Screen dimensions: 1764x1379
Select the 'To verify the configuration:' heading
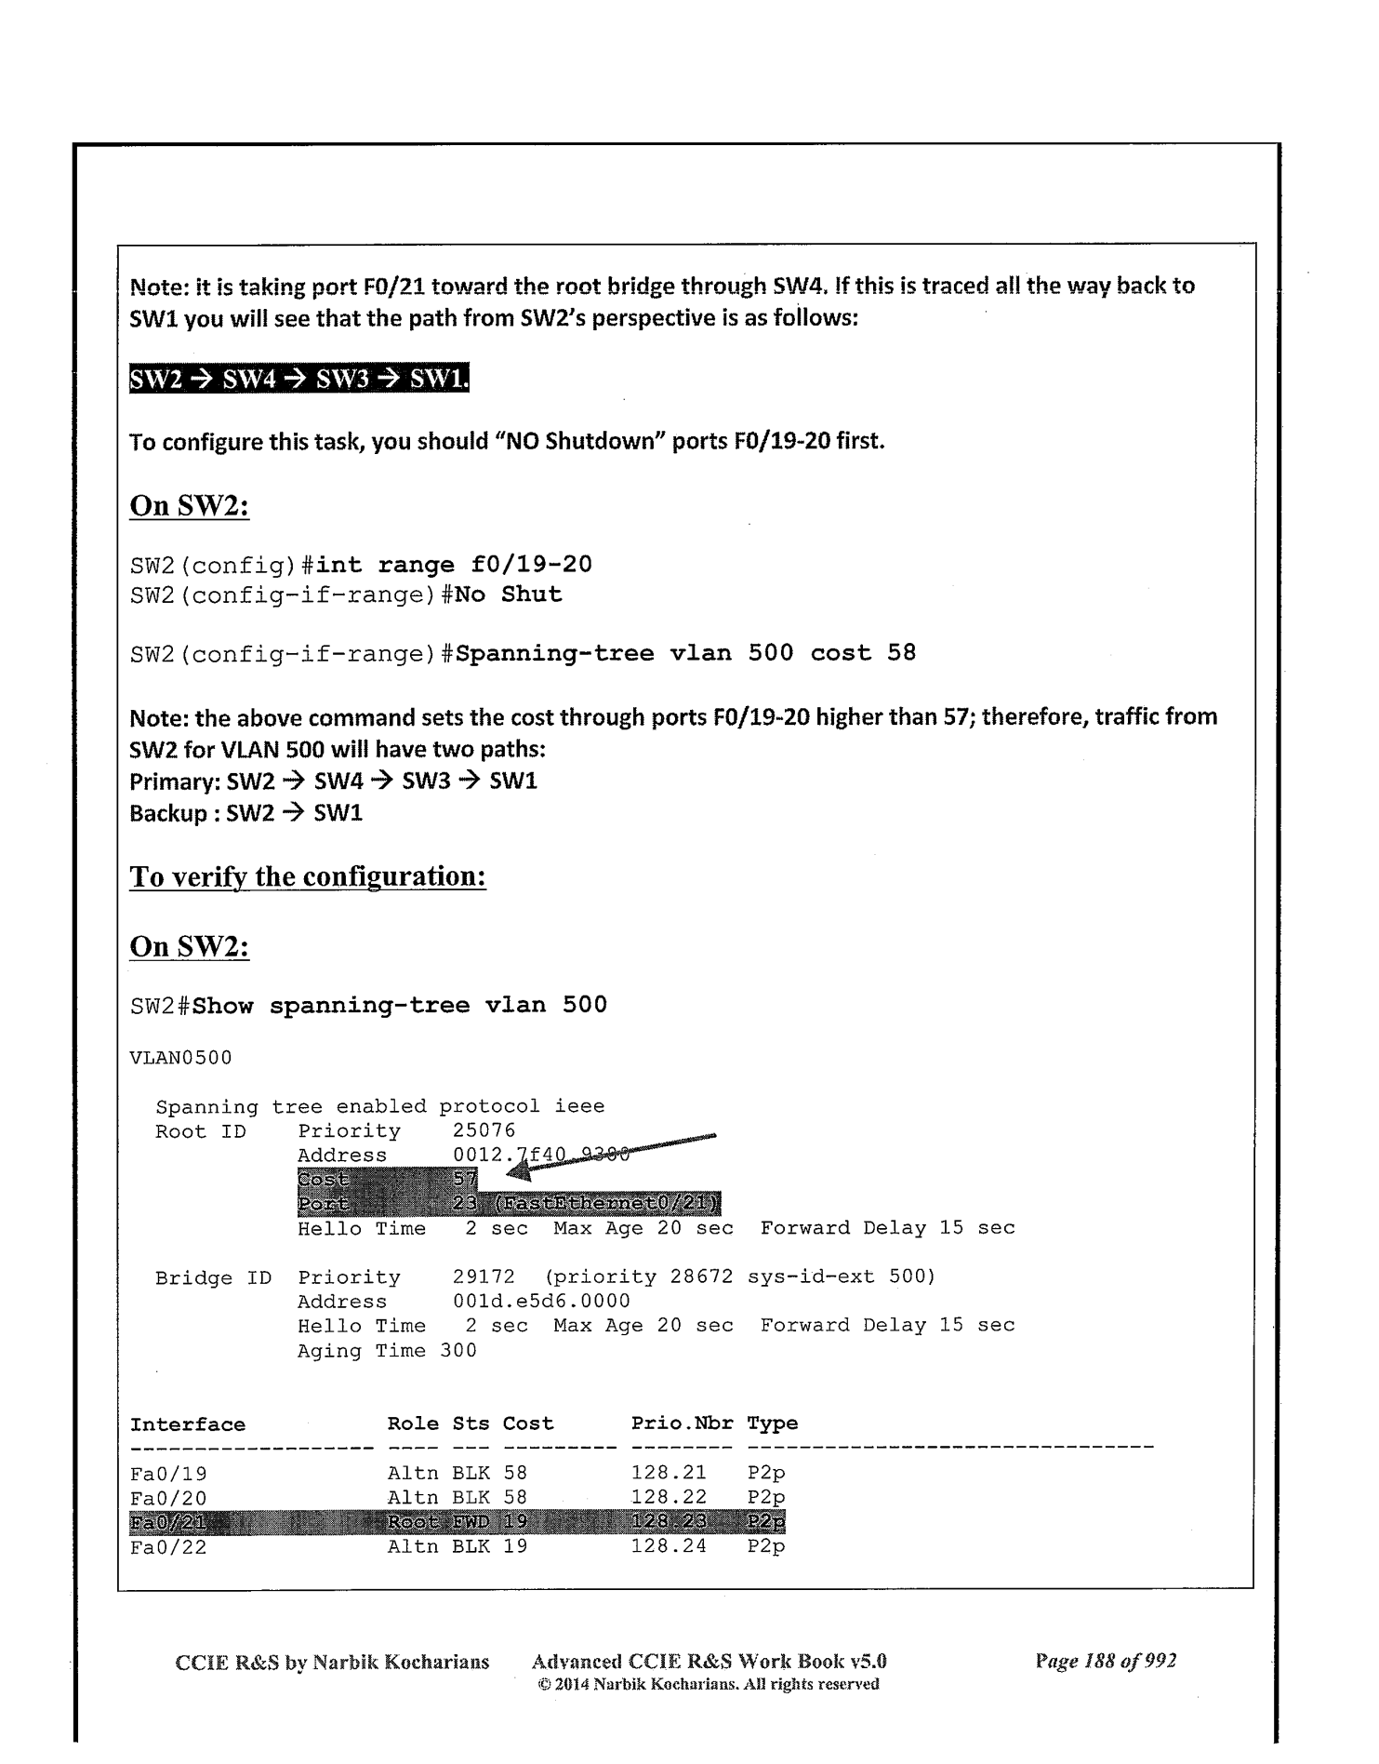click(308, 876)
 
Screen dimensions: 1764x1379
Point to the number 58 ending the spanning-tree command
click(901, 653)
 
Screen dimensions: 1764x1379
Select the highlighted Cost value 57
click(464, 1180)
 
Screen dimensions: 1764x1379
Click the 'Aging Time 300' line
click(387, 1350)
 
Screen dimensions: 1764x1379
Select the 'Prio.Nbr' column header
click(682, 1423)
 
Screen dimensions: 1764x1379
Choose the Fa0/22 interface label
click(168, 1546)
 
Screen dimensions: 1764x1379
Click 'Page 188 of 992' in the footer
click(1106, 1661)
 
